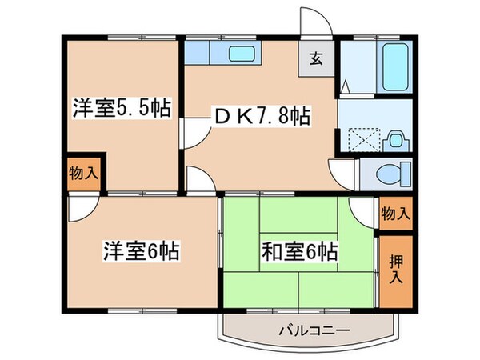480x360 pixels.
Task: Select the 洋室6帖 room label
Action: pyautogui.click(x=139, y=250)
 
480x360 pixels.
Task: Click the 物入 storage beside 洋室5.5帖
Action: pyautogui.click(x=83, y=173)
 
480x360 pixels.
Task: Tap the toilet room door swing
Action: pyautogui.click(x=342, y=172)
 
